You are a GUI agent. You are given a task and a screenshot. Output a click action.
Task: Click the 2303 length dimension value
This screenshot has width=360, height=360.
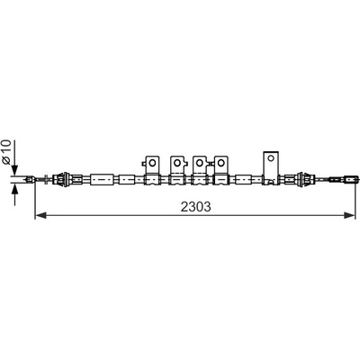click(196, 207)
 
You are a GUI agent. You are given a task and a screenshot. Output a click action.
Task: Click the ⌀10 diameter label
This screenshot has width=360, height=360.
click(6, 151)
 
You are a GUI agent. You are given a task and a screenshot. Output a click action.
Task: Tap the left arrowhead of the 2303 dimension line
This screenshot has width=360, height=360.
click(40, 215)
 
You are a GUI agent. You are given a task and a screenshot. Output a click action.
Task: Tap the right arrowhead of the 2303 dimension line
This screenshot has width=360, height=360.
click(349, 215)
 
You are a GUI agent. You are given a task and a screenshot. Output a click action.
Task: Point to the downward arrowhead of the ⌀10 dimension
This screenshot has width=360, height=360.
click(14, 170)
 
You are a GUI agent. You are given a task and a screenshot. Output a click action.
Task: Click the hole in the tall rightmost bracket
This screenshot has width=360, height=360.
click(271, 157)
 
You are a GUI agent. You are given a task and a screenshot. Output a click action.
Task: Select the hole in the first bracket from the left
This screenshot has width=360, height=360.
click(152, 163)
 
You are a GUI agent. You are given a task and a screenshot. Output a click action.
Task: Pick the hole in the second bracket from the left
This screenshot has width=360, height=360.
click(177, 163)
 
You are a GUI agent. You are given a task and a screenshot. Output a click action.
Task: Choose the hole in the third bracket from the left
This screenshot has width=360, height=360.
click(199, 163)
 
